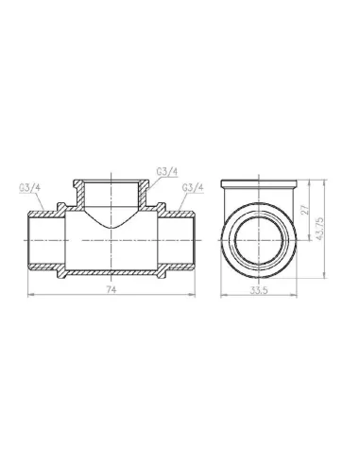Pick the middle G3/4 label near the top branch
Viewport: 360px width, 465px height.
point(139,171)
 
